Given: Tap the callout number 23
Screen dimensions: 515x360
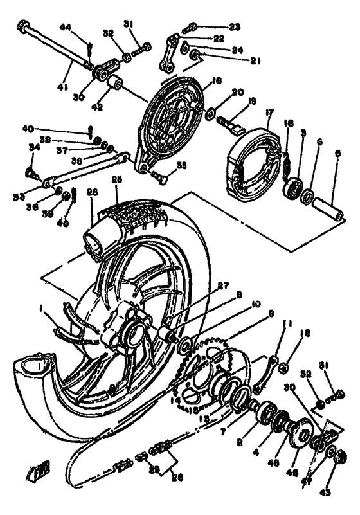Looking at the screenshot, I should [234, 27].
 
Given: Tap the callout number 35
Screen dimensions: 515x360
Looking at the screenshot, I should [182, 165].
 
